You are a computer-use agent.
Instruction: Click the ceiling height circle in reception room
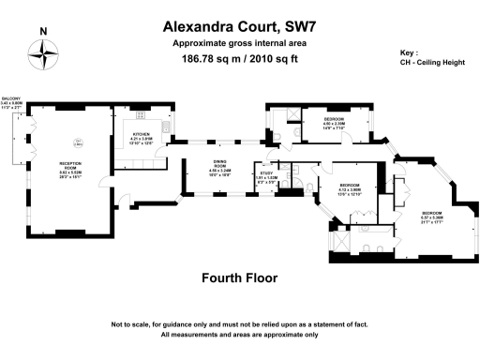(80, 145)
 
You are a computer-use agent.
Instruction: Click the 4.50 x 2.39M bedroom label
(334, 123)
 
